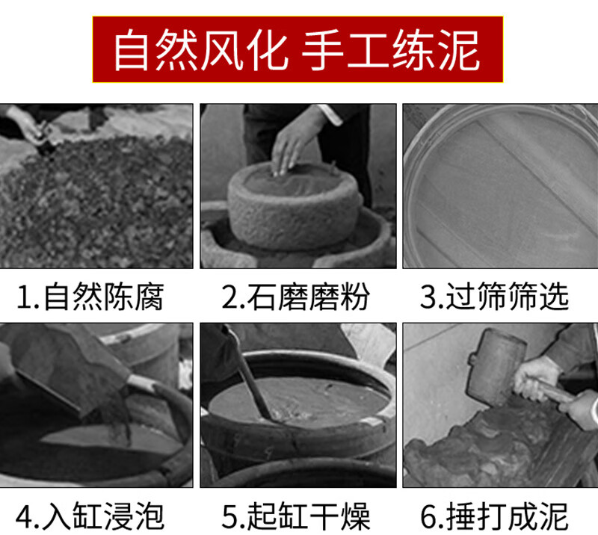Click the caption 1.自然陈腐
[x=90, y=297]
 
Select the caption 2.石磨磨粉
[x=295, y=297]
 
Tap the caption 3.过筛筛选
[x=495, y=297]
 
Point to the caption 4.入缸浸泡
[x=90, y=516]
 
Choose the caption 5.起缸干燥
[x=295, y=516]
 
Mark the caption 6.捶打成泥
[x=495, y=516]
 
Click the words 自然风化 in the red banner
[x=200, y=50]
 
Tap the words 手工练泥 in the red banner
[x=390, y=50]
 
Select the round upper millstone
[x=295, y=206]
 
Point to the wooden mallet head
[x=496, y=366]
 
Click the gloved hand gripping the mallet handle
[x=536, y=377]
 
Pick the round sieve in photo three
[x=500, y=186]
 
